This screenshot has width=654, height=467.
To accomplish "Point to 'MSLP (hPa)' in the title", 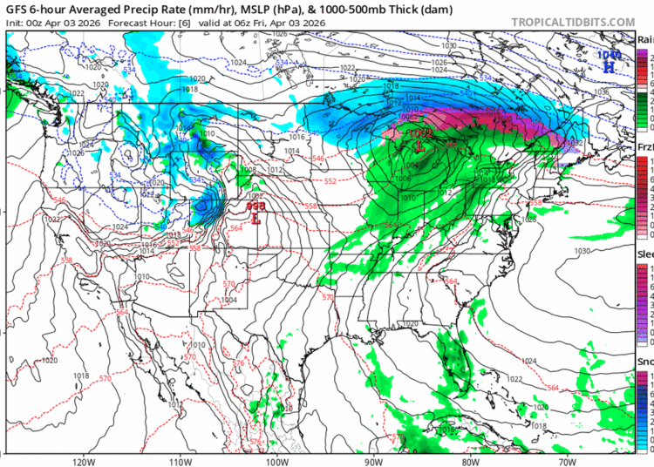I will click(x=239, y=9).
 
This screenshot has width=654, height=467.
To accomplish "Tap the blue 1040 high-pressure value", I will click(x=608, y=54).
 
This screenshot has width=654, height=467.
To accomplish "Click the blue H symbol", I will click(x=610, y=66).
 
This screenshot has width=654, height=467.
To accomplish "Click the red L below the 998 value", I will click(x=255, y=220).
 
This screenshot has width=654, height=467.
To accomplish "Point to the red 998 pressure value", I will click(x=255, y=207).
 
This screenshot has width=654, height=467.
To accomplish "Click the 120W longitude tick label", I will click(x=84, y=461).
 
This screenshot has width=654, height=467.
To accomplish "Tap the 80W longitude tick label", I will click(x=472, y=461).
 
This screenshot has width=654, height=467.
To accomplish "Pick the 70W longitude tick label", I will click(x=569, y=461).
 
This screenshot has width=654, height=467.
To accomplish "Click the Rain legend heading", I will click(x=645, y=39).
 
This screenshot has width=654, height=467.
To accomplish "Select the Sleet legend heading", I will click(x=645, y=254).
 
